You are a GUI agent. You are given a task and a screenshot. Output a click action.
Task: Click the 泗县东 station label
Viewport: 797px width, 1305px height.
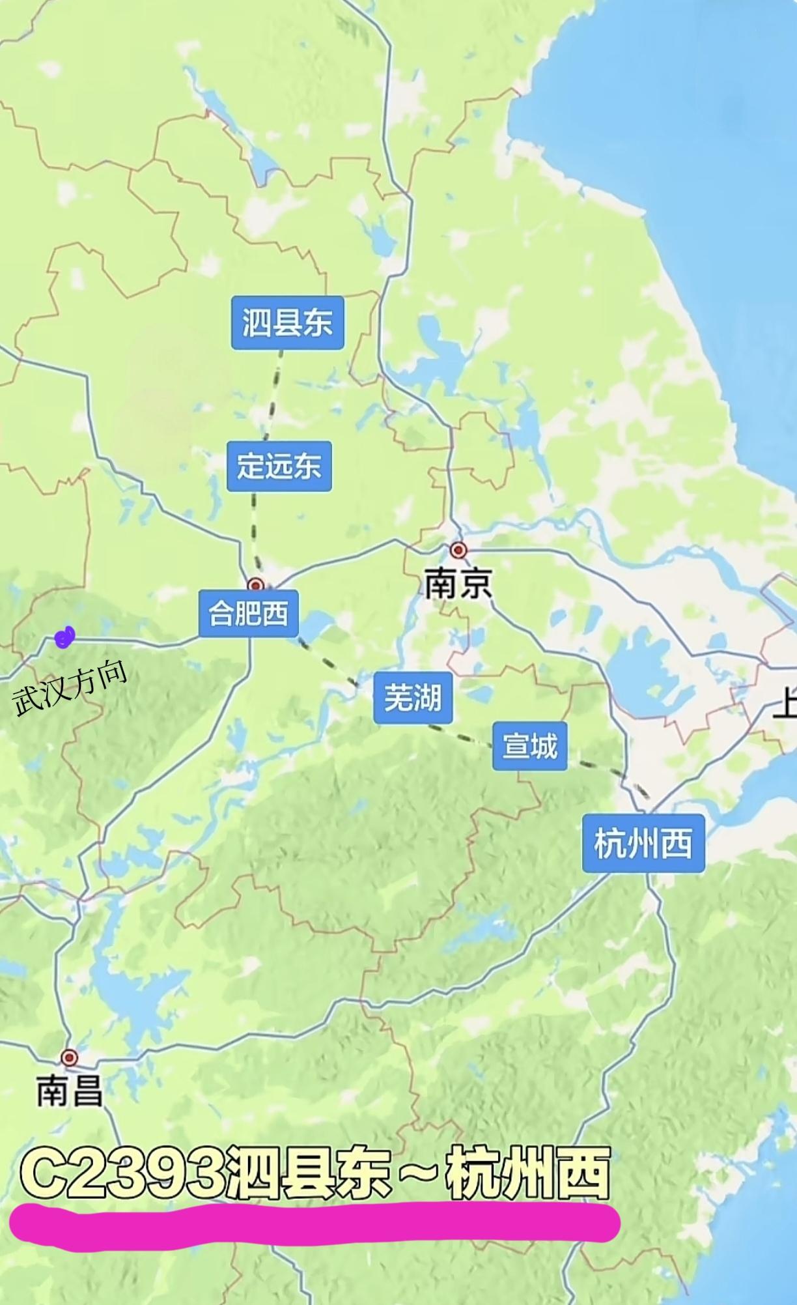(x=287, y=323)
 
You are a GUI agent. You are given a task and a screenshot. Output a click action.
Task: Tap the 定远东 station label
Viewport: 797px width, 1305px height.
(x=279, y=466)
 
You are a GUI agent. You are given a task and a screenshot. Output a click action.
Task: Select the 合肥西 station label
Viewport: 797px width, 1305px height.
(x=248, y=613)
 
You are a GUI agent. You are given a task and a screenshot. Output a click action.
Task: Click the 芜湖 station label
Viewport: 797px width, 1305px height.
(x=412, y=698)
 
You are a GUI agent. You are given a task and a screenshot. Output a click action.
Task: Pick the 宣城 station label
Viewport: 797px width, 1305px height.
(x=529, y=746)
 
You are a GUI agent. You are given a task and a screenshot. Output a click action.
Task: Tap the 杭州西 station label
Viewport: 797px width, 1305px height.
(x=643, y=843)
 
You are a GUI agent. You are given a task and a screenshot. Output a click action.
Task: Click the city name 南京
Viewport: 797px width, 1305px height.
(x=458, y=584)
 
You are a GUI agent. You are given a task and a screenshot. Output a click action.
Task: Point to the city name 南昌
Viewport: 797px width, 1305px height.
(x=69, y=1091)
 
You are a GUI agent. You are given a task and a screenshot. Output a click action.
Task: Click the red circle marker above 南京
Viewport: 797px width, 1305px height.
(x=459, y=551)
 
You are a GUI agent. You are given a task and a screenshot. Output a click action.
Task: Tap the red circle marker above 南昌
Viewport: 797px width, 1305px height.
(x=69, y=1057)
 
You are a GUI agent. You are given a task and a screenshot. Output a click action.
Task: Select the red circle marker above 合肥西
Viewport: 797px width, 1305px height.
(x=256, y=584)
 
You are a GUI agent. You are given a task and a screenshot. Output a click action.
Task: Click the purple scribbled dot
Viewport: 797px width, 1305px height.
(x=64, y=637)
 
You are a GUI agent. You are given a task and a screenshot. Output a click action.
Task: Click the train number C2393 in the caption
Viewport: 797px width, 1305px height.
(x=121, y=1175)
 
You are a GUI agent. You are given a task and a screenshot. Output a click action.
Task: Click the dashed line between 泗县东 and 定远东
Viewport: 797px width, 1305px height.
(x=273, y=394)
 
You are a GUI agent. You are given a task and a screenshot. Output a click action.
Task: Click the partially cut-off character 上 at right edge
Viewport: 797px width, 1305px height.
(x=785, y=705)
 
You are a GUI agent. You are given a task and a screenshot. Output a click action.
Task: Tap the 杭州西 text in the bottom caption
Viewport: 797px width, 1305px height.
(x=527, y=1175)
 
